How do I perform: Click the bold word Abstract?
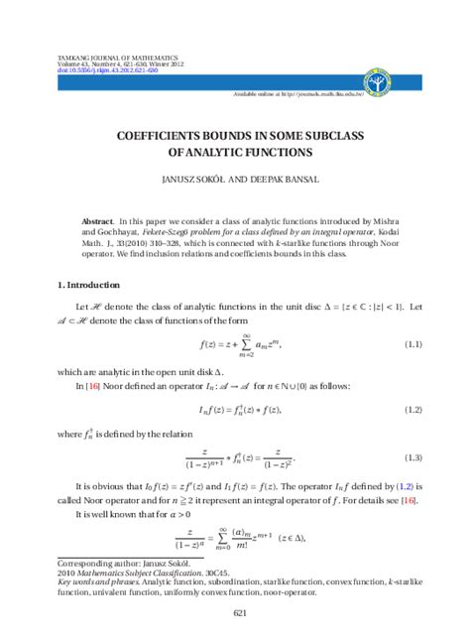(97, 214)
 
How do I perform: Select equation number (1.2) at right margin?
(412, 408)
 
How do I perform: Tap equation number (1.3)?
(412, 457)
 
